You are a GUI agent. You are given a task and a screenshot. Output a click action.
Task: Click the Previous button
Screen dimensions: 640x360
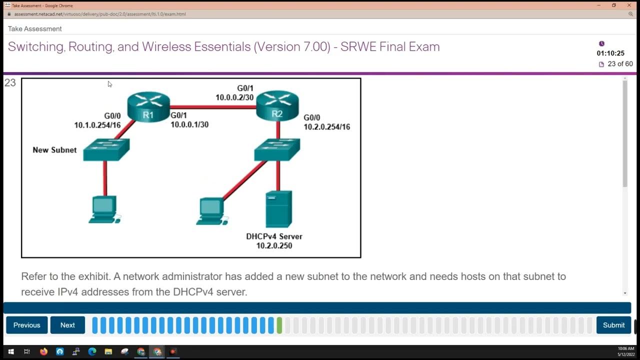(27, 325)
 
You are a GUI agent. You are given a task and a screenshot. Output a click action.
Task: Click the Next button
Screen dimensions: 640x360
(67, 325)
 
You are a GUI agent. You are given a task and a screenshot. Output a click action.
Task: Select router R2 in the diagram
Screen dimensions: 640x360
(277, 105)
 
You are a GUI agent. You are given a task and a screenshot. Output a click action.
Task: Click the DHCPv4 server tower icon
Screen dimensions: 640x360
(278, 209)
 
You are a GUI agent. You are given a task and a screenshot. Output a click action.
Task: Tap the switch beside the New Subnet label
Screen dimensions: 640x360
(106, 148)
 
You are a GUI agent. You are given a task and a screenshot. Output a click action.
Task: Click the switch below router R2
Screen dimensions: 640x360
(277, 148)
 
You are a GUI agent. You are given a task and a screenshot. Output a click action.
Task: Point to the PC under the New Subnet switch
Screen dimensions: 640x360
(104, 209)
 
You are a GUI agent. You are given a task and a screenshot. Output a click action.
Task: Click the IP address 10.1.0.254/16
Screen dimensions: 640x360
(97, 125)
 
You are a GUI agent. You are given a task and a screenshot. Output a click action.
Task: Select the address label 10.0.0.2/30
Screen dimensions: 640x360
(234, 97)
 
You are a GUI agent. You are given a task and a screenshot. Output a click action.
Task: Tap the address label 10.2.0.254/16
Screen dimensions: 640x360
(326, 127)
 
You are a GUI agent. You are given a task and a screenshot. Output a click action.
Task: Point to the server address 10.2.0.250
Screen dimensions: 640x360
(274, 246)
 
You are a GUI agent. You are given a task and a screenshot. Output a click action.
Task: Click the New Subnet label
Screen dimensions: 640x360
(54, 150)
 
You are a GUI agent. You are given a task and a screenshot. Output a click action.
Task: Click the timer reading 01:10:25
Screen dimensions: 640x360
(610, 53)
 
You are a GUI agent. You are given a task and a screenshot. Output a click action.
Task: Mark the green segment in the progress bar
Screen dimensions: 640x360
(279, 325)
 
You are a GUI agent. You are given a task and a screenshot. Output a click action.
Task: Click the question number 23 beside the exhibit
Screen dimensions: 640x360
(10, 83)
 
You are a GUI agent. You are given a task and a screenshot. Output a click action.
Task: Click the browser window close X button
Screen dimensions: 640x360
(629, 5)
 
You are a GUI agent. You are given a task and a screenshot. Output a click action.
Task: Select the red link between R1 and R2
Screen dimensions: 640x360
(213, 106)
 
